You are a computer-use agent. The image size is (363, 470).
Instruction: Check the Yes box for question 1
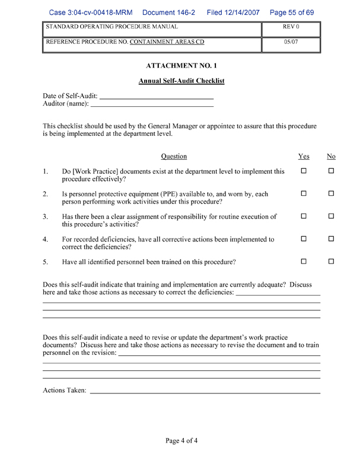304,172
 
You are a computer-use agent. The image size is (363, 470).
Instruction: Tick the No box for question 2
332,194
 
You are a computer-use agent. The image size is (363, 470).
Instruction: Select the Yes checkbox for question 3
304,217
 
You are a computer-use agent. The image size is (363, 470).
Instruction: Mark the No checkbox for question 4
332,239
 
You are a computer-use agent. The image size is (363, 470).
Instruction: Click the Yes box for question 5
304,262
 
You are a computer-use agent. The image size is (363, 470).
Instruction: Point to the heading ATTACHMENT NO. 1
181,66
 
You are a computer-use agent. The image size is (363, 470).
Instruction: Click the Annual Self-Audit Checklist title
181,81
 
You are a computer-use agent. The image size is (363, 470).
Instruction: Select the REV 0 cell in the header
291,27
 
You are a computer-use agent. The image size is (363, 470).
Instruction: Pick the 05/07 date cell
291,43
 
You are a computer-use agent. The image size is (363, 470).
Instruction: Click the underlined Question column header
174,157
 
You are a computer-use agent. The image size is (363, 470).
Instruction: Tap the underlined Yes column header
304,157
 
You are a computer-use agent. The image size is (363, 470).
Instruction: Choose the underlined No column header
331,157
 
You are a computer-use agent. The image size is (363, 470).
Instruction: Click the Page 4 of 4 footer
181,440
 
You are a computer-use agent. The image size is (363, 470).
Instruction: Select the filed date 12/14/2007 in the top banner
245,12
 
